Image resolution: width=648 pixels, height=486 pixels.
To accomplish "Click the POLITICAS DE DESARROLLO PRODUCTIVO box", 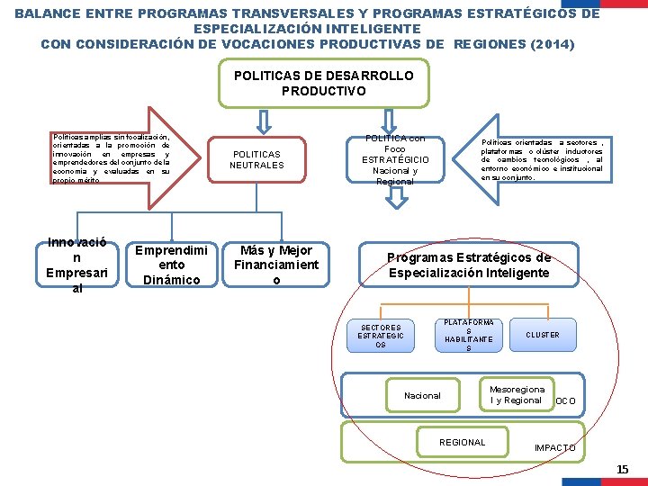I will click(324, 84).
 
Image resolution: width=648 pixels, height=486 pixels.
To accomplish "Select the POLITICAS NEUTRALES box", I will click(256, 159).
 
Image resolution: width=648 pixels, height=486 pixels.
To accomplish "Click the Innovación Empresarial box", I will click(76, 265).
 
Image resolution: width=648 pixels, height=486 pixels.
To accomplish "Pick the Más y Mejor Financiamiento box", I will click(276, 265).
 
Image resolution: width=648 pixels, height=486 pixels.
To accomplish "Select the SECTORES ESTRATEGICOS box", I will click(381, 335).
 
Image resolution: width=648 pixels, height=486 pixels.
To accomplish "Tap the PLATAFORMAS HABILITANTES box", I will click(469, 335).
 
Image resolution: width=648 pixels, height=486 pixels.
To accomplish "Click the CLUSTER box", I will click(543, 335).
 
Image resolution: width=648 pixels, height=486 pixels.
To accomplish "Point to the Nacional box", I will click(422, 395).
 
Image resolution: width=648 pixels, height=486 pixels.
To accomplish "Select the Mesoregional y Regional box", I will click(517, 395).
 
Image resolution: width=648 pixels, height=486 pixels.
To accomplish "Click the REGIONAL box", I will click(462, 442).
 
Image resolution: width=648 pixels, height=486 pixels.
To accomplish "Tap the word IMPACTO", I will click(555, 447).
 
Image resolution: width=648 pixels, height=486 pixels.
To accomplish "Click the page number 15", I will click(623, 469).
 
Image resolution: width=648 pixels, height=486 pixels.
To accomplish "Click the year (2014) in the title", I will click(544, 45).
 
